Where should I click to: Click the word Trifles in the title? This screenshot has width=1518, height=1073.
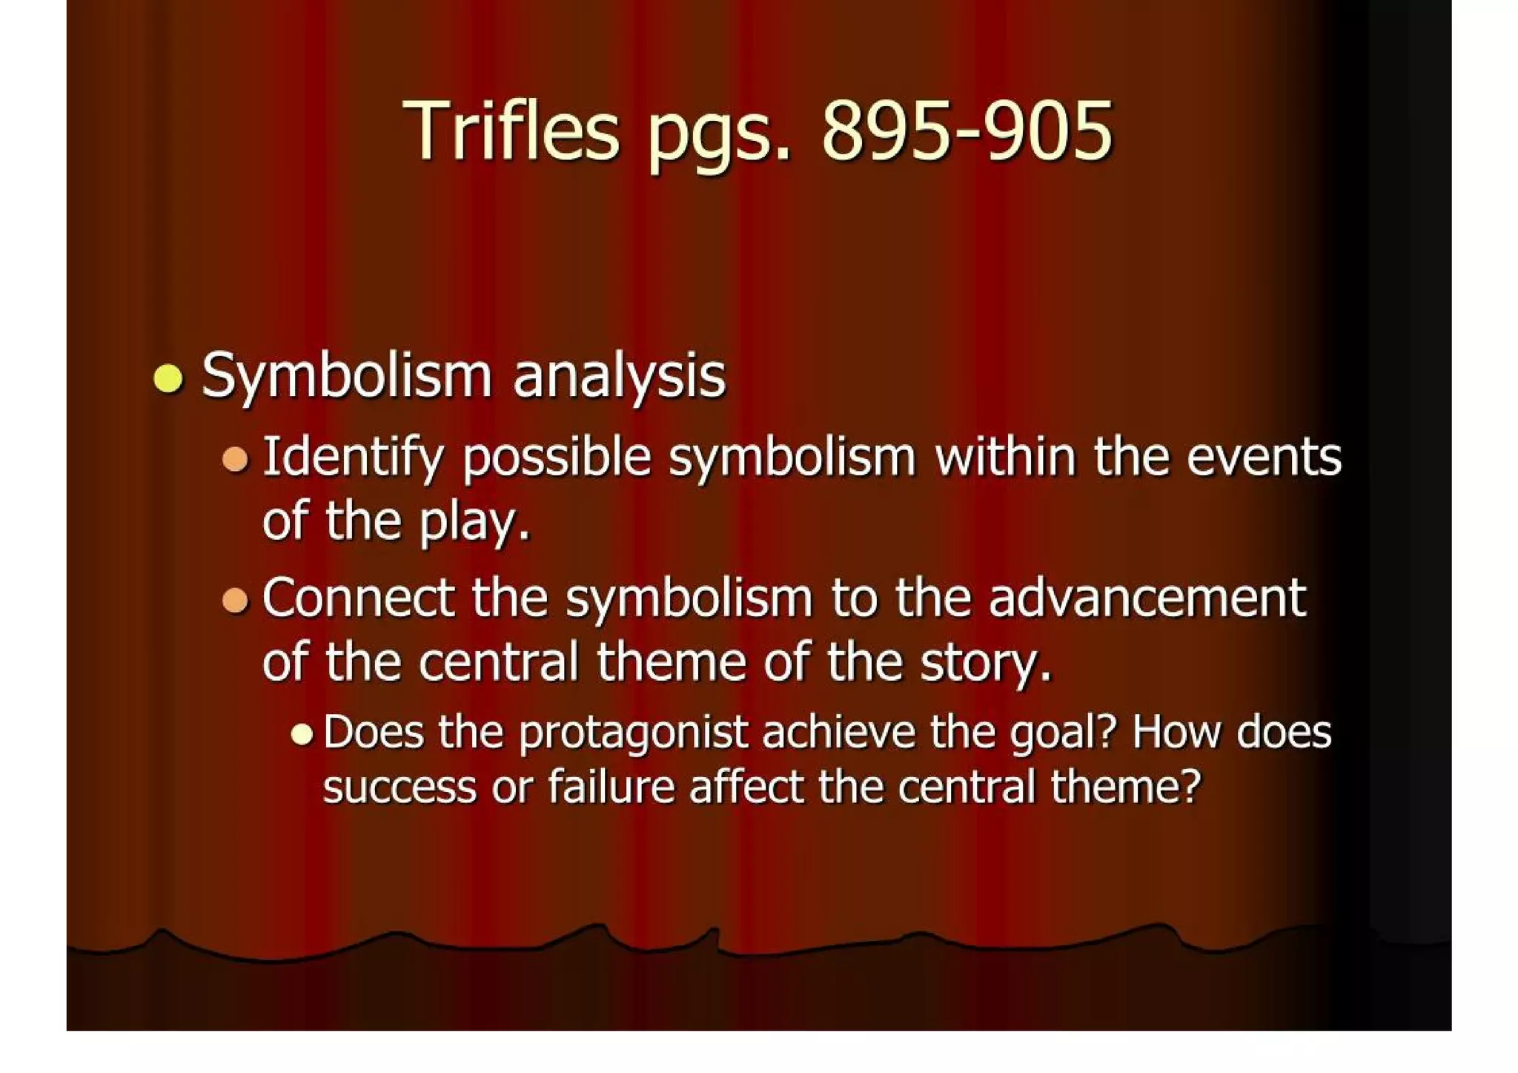(x=511, y=131)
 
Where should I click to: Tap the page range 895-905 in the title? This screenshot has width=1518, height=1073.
(x=967, y=131)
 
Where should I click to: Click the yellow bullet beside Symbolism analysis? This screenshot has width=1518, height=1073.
(x=168, y=378)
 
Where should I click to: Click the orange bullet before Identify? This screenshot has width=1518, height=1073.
(x=235, y=459)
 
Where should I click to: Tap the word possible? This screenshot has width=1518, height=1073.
(x=557, y=459)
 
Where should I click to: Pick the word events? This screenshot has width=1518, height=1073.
(x=1264, y=457)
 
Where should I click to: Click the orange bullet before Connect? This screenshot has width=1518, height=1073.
(x=235, y=599)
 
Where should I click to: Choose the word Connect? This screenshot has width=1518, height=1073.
(x=359, y=598)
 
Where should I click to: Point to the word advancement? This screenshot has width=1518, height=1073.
(x=1147, y=598)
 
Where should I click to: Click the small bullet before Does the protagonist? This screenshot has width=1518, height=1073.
(x=302, y=734)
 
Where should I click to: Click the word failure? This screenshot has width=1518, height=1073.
(x=611, y=787)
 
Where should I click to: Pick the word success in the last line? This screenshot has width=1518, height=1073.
(x=400, y=788)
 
